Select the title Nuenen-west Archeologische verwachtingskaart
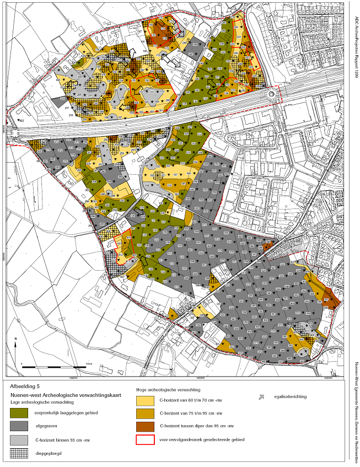coord(58,395)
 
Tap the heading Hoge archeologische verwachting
coord(168,389)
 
